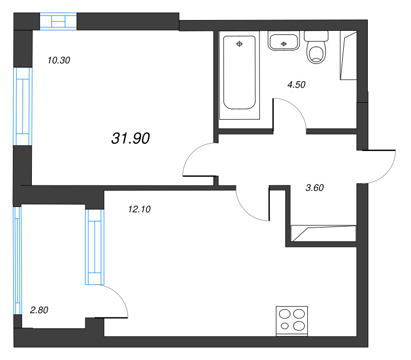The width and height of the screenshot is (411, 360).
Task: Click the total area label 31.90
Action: tap(130, 138)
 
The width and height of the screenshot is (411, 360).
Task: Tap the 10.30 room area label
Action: tap(59, 60)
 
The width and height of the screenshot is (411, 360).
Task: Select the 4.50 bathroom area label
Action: tap(296, 85)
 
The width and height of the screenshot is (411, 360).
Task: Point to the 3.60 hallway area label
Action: tap(314, 187)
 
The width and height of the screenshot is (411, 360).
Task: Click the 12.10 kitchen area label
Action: tap(139, 209)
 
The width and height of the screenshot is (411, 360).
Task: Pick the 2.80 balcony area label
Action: tap(39, 310)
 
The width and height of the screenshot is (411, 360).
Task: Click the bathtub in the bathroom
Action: tap(239, 72)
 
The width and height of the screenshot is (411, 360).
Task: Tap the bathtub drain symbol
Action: tap(239, 44)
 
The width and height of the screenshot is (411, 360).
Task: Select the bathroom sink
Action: tap(284, 41)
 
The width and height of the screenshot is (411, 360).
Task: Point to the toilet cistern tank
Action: tap(316, 36)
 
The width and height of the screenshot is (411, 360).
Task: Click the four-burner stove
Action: tap(292, 321)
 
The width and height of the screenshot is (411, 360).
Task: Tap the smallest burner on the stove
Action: tap(285, 326)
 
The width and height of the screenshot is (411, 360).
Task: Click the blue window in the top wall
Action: tap(58, 21)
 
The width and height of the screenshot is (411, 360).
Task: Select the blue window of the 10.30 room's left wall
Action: tap(23, 106)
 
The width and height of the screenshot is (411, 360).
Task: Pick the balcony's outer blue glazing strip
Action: tap(17, 261)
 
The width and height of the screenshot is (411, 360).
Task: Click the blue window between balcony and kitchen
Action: tap(95, 247)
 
